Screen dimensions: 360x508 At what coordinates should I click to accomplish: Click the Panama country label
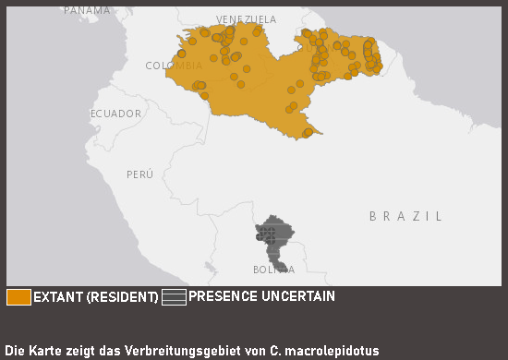tap(86, 9)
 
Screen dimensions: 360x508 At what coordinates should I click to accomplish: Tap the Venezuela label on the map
tap(246, 19)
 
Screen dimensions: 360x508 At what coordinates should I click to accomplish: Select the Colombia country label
tap(174, 66)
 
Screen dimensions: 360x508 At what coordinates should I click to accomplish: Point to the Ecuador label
tap(115, 114)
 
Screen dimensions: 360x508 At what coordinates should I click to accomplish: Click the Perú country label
tap(139, 174)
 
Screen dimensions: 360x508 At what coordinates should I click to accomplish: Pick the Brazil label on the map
tap(405, 216)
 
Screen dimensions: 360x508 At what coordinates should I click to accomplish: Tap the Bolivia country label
tap(273, 270)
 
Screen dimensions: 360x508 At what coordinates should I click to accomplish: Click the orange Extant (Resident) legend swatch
tap(18, 297)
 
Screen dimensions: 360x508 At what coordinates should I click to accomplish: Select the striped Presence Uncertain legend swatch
tap(174, 297)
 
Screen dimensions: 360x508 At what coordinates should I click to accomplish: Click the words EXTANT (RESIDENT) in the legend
tap(96, 297)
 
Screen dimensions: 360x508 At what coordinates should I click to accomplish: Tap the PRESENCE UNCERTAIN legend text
tap(261, 297)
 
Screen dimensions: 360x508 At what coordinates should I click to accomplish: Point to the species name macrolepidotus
tap(334, 351)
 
